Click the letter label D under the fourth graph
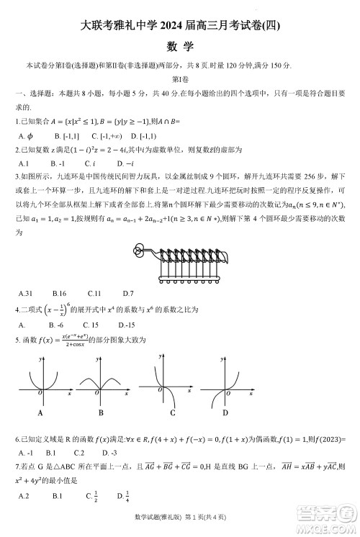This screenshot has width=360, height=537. tap(225, 413)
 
